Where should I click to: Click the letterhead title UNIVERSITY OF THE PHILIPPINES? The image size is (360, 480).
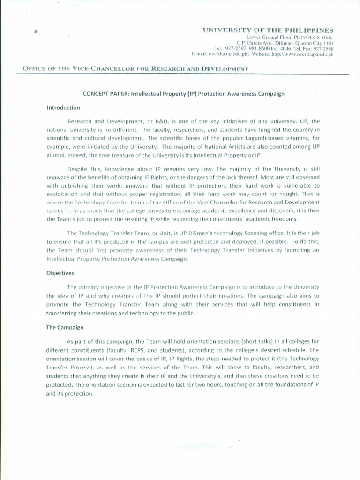[x=268, y=30]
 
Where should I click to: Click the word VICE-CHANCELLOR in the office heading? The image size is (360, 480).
[x=103, y=69]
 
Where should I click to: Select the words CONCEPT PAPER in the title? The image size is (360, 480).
[x=106, y=94]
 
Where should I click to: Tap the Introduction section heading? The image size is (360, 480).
[x=63, y=108]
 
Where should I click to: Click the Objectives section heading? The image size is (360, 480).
[x=60, y=273]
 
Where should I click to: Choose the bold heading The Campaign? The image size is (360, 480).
[x=65, y=327]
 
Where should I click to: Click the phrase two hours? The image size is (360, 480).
[x=217, y=385]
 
